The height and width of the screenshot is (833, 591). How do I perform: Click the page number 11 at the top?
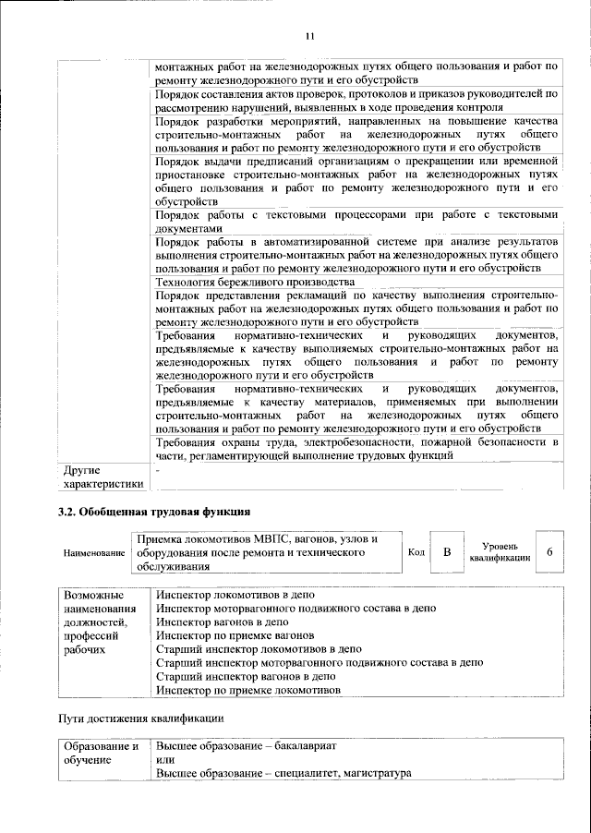coord(309,36)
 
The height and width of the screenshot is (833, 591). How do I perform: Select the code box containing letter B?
coord(447,552)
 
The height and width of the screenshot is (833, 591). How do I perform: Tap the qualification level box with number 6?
coord(549,552)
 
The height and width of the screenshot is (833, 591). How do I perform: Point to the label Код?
coord(416,552)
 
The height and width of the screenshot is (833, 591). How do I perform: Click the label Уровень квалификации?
coord(499,552)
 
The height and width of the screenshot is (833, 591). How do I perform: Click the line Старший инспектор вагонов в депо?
coord(245,676)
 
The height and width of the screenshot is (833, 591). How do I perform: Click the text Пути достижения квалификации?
coord(139,718)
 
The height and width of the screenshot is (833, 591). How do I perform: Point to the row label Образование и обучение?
coord(100,753)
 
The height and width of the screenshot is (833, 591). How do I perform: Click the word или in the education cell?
coord(164,759)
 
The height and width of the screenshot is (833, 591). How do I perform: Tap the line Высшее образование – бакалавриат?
coord(247,745)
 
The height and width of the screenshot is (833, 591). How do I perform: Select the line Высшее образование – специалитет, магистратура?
coord(283,773)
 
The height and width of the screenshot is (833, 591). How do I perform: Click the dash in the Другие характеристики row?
coord(158,472)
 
